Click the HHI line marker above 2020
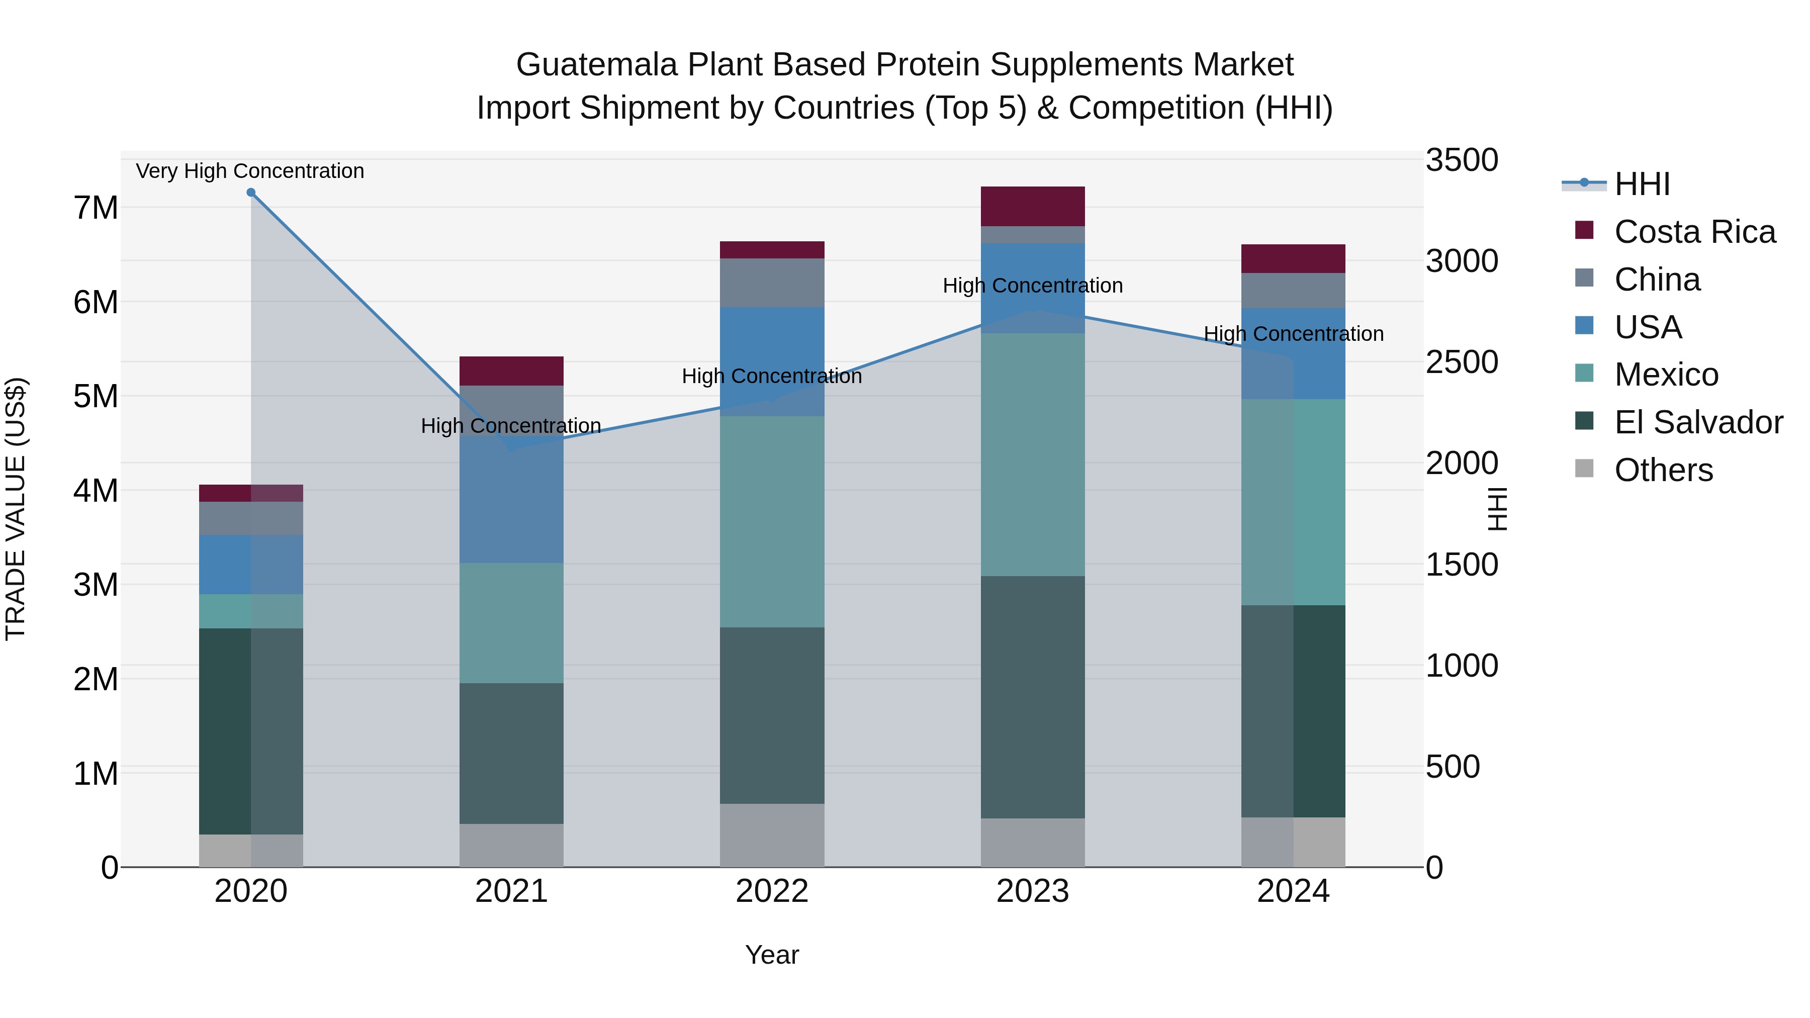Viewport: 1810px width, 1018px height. click(x=251, y=193)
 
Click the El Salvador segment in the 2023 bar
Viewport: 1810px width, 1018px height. click(x=1032, y=696)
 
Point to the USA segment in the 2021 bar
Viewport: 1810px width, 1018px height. click(x=511, y=499)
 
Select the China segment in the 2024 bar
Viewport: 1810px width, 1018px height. click(x=1293, y=290)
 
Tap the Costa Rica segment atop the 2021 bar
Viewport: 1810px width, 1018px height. click(x=511, y=371)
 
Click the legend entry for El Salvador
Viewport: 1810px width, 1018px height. click(x=1698, y=422)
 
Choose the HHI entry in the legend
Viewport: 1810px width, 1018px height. click(x=1642, y=184)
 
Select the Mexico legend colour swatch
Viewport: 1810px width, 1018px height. click(x=1584, y=373)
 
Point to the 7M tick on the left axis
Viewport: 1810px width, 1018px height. click(x=96, y=208)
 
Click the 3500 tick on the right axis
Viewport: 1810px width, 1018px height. click(x=1462, y=160)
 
